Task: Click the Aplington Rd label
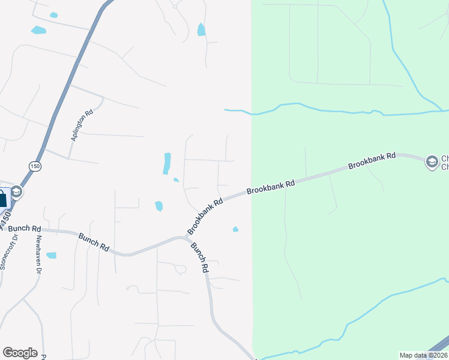tap(82, 125)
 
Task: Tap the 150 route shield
tap(35, 166)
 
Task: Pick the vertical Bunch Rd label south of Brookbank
tap(200, 258)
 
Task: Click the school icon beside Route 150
tap(16, 192)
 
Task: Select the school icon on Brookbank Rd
tap(432, 162)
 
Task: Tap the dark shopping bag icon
tap(3, 199)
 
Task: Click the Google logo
tap(20, 353)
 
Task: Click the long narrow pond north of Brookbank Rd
tap(167, 163)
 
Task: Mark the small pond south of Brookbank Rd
tap(235, 229)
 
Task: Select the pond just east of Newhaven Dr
tap(51, 255)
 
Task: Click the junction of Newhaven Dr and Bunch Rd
tap(42, 230)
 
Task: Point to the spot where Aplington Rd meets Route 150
tap(46, 150)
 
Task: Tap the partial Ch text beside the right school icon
tap(445, 162)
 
